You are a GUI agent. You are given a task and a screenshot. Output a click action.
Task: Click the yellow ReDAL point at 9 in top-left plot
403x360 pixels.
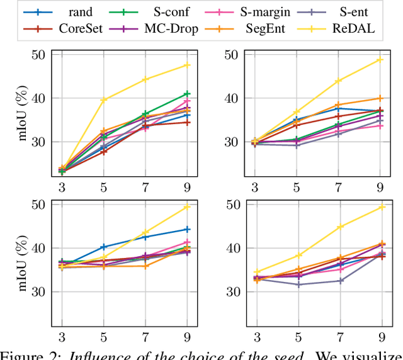click(x=187, y=65)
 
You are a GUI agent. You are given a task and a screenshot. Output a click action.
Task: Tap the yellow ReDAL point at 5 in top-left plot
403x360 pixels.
click(x=104, y=99)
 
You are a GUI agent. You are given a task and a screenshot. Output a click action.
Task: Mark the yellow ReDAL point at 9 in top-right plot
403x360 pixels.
click(x=380, y=60)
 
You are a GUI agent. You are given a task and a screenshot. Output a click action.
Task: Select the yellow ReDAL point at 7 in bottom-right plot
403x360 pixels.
click(x=338, y=227)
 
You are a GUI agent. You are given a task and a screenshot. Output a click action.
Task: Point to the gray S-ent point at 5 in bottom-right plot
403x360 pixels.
click(x=297, y=284)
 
